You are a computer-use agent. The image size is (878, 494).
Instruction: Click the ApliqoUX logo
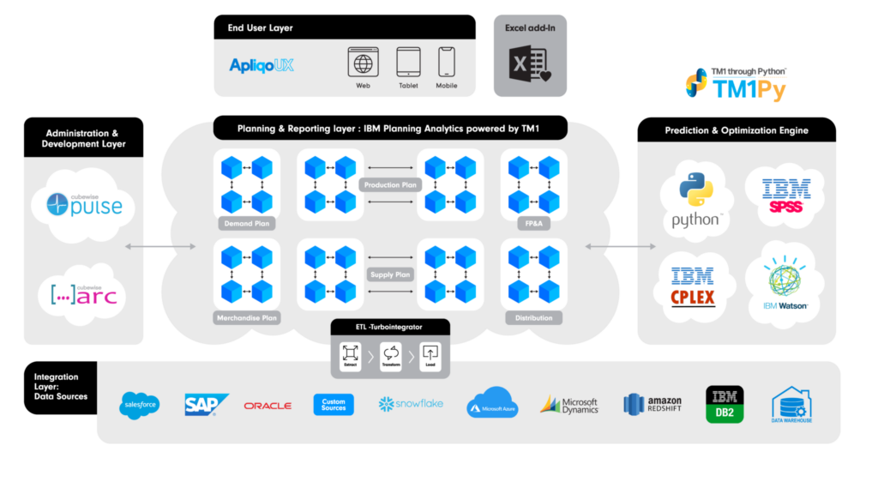click(x=262, y=65)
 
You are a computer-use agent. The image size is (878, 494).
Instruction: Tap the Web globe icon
click(x=363, y=63)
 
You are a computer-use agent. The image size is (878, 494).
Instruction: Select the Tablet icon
click(x=408, y=63)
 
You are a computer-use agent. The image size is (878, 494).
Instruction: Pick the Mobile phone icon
click(x=446, y=63)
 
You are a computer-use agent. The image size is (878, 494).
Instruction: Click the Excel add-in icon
click(x=529, y=65)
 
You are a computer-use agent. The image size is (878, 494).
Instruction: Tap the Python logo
click(x=696, y=202)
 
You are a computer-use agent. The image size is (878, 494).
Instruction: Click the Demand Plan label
click(x=246, y=223)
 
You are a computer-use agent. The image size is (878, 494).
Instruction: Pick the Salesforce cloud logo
click(x=140, y=404)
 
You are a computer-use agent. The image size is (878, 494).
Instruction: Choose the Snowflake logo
click(x=411, y=403)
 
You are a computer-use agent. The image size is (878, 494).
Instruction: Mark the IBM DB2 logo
click(x=724, y=403)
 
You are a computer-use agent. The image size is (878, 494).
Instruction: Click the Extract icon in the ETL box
click(x=350, y=352)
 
